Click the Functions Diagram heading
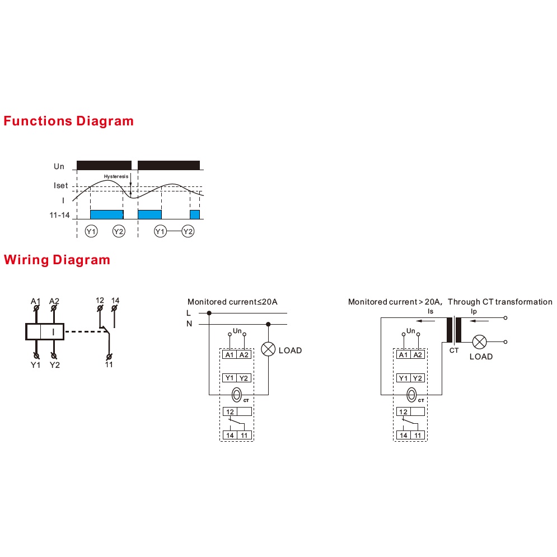pos(68,121)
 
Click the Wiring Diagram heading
pos(57,260)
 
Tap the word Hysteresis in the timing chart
pos(116,176)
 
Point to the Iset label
pos(60,185)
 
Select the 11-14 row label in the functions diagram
pos(59,215)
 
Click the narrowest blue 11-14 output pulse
pos(195,214)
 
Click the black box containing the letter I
pos(45,332)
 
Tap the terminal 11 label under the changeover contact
pos(109,364)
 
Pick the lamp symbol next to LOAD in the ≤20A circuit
pos(268,349)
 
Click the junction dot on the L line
pos(209,313)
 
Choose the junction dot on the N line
pos(268,324)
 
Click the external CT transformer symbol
pos(454,330)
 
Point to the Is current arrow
pos(425,321)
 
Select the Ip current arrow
pos(479,321)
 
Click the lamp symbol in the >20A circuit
pos(480,342)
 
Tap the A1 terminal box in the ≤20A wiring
pos(230,354)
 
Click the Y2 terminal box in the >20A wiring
pos(418,378)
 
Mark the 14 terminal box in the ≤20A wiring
pos(230,435)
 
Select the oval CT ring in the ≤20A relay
pos(237,395)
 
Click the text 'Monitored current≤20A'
pos(232,302)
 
